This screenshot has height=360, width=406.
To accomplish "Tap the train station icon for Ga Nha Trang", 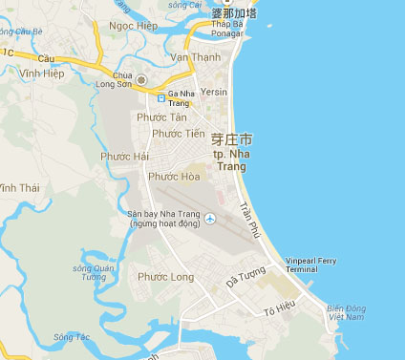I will pos(160,96).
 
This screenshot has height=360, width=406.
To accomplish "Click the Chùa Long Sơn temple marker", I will pos(142,79).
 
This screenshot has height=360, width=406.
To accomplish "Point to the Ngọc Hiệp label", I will pos(134,26).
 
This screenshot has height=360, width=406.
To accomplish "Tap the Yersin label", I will pos(215,93).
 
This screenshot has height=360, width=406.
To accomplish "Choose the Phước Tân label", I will pos(162,116).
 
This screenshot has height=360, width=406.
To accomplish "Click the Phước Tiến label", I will pos(179,134).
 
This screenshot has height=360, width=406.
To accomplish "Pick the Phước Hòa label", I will pos(174,176).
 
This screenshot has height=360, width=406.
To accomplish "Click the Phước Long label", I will pos(165,277).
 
